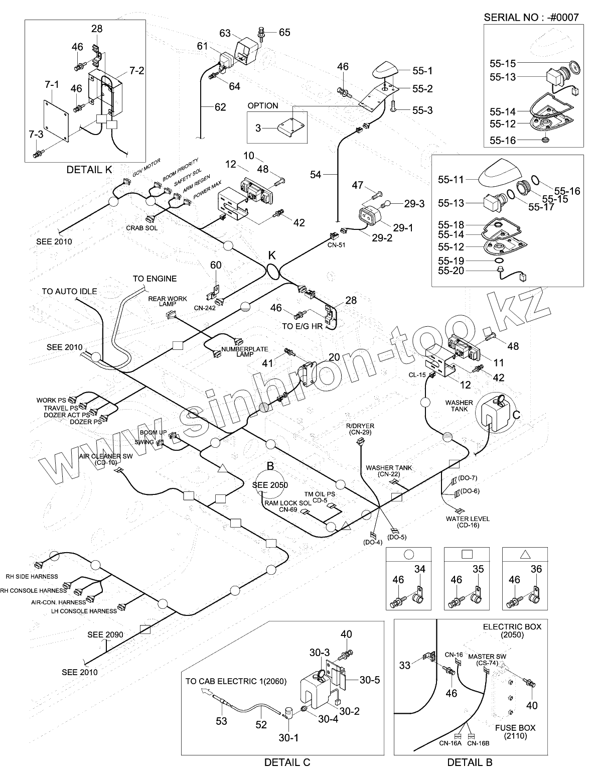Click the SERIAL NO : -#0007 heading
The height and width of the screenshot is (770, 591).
click(531, 17)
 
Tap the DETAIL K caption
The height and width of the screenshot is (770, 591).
click(89, 170)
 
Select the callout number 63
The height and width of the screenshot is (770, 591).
click(225, 33)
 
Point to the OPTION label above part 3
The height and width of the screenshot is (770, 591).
click(263, 105)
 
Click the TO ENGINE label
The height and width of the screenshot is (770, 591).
click(155, 279)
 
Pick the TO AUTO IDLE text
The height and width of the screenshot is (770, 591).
click(69, 291)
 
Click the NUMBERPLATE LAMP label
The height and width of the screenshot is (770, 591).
click(245, 351)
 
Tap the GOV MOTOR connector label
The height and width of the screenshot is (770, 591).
click(146, 168)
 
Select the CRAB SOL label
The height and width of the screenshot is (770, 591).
click(141, 228)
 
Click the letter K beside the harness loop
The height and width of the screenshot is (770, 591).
click(272, 255)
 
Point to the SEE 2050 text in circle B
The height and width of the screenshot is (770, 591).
click(270, 485)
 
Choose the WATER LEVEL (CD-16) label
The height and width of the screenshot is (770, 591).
click(468, 522)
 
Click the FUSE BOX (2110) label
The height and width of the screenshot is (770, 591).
click(515, 732)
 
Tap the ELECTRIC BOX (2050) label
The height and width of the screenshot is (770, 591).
click(512, 630)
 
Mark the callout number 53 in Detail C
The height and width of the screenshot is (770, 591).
click(221, 721)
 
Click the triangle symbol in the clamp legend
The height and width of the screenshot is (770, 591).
click(525, 554)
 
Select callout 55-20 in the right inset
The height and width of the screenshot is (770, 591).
click(451, 271)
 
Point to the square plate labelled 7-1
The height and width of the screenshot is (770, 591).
click(57, 120)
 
